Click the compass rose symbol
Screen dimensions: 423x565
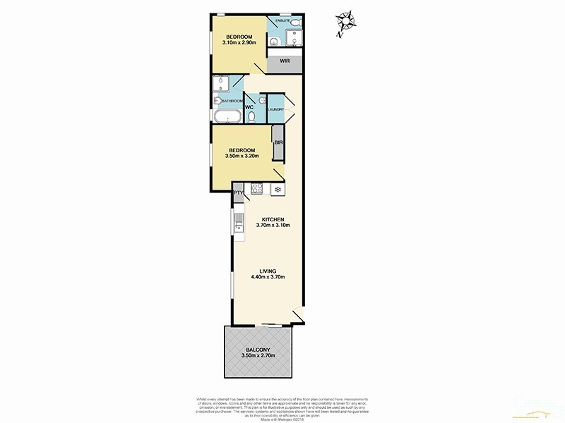[345, 21]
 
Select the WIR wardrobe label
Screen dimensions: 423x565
[285, 61]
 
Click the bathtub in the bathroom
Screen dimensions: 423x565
[227, 116]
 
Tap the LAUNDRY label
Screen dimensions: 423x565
[276, 109]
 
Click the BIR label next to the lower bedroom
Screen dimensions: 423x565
[278, 143]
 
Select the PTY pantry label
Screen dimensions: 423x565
[237, 191]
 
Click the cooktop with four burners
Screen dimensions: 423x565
[258, 189]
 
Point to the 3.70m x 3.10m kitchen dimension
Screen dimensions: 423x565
[273, 226]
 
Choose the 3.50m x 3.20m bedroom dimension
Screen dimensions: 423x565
[242, 157]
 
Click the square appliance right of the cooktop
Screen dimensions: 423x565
[277, 189]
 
